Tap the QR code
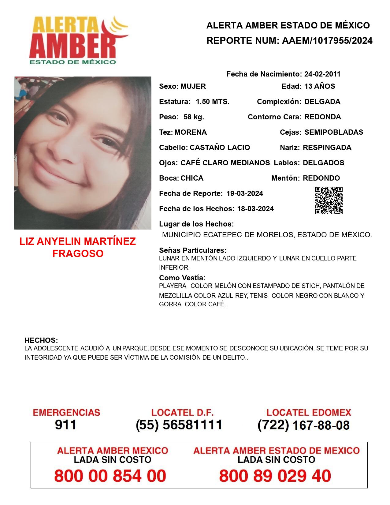(329, 200)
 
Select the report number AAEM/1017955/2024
(327, 41)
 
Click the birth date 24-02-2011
(322, 74)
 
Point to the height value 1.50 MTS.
(213, 102)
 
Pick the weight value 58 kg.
(194, 117)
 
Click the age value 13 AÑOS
(320, 86)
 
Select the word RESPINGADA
(327, 148)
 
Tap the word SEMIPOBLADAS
(334, 132)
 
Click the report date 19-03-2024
(245, 193)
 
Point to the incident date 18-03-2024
(255, 209)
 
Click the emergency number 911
(66, 425)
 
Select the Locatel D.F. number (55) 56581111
(179, 425)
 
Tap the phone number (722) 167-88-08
(303, 425)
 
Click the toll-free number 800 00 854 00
(110, 476)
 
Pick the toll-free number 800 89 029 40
(275, 476)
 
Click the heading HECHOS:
(41, 340)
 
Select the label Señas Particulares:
(193, 250)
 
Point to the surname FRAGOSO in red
(78, 253)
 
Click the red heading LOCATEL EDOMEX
(309, 412)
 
